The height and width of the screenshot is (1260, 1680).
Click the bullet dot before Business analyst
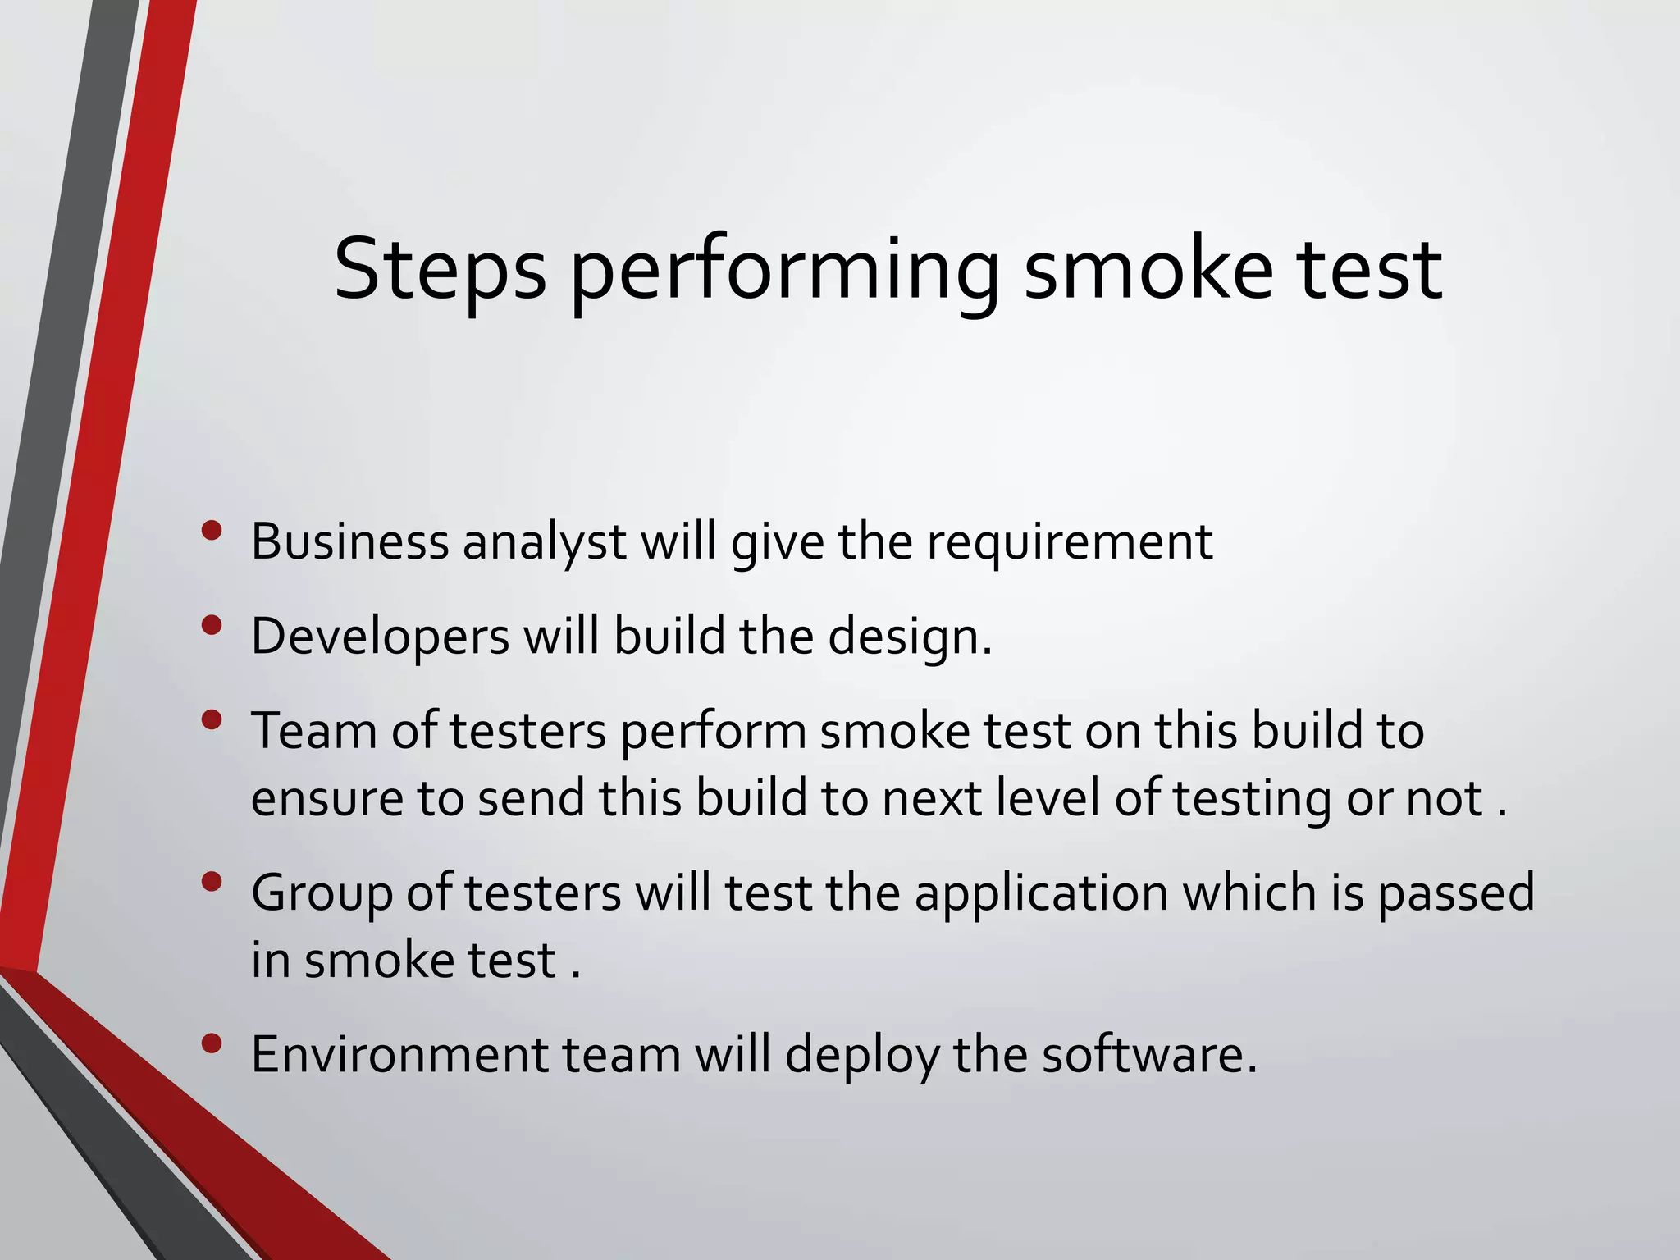[x=212, y=531]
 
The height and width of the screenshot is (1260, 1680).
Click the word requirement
[x=1070, y=544]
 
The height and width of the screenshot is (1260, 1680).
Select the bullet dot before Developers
[x=212, y=626]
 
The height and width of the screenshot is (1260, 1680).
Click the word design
[x=909, y=637]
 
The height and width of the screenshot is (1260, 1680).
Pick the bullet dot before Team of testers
[x=212, y=720]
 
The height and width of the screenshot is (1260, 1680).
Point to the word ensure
[x=326, y=799]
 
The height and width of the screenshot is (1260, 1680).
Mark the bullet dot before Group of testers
[x=212, y=882]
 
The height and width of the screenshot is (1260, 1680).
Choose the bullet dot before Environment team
[x=212, y=1043]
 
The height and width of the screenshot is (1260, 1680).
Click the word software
[x=1148, y=1055]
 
